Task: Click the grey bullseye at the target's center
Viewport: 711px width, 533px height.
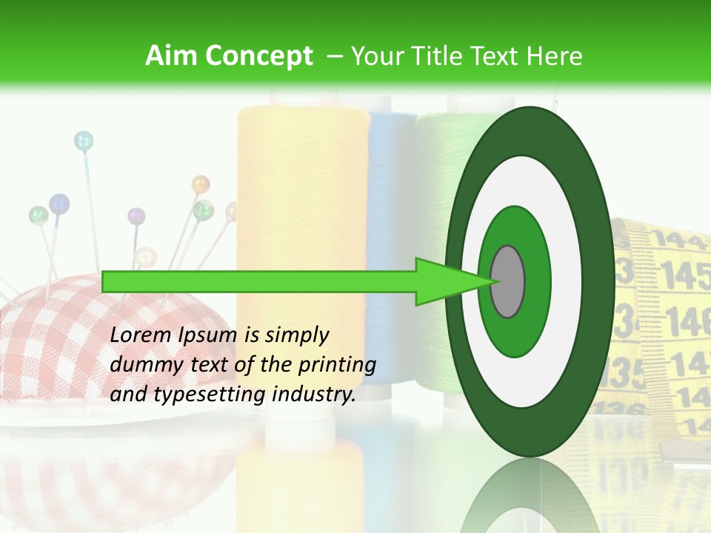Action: pyautogui.click(x=507, y=282)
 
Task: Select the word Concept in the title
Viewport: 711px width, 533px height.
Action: pyautogui.click(x=258, y=56)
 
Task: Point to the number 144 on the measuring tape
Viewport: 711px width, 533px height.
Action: pyautogui.click(x=675, y=238)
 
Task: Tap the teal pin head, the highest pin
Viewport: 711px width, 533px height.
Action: pyautogui.click(x=84, y=139)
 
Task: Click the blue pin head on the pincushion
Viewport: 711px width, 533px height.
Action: pyautogui.click(x=59, y=202)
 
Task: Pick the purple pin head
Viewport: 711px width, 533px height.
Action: pyautogui.click(x=136, y=216)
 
